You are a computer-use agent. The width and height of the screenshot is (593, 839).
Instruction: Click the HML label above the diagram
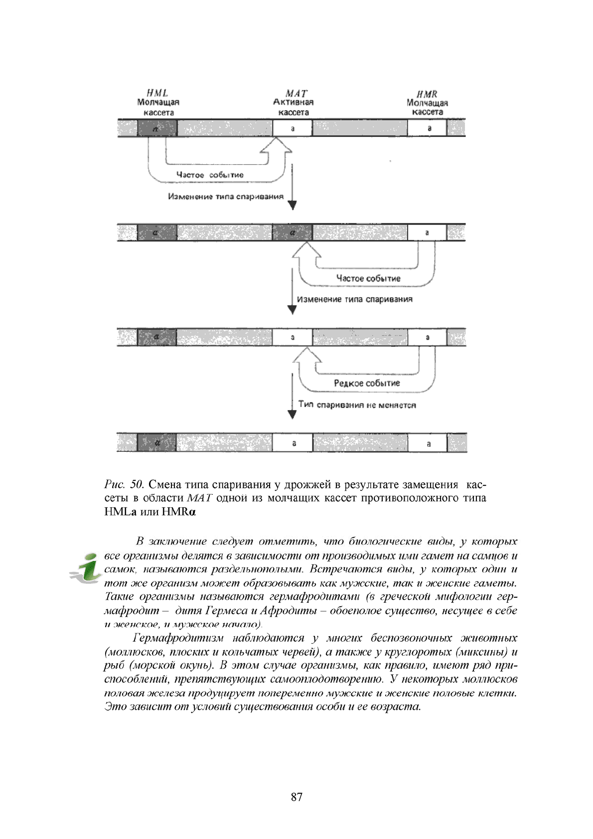pyautogui.click(x=157, y=93)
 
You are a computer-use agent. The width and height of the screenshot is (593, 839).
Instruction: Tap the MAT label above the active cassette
pyautogui.click(x=296, y=93)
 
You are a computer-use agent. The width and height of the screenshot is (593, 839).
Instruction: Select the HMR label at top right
pyautogui.click(x=427, y=94)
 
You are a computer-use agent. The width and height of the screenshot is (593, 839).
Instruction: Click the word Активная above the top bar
pyautogui.click(x=294, y=102)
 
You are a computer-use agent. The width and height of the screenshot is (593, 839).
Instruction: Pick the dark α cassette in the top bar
pyautogui.click(x=156, y=128)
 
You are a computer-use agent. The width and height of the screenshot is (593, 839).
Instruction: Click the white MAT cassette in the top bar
pyautogui.click(x=292, y=128)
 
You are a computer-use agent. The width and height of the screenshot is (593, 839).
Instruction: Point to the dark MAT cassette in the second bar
pyautogui.click(x=292, y=232)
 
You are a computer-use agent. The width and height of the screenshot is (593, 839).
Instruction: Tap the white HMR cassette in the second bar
pyautogui.click(x=427, y=232)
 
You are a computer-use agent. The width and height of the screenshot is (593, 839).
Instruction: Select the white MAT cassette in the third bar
pyautogui.click(x=292, y=337)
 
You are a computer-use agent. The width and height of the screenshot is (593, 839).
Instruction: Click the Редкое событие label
pyautogui.click(x=367, y=383)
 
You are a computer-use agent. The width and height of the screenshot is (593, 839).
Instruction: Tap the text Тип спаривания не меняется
pyautogui.click(x=357, y=405)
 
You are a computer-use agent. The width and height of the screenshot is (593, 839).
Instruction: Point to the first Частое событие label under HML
pyautogui.click(x=210, y=175)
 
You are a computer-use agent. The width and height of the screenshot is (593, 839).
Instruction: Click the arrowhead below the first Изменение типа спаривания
pyautogui.click(x=293, y=205)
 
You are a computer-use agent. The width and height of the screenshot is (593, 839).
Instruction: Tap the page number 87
pyautogui.click(x=296, y=797)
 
